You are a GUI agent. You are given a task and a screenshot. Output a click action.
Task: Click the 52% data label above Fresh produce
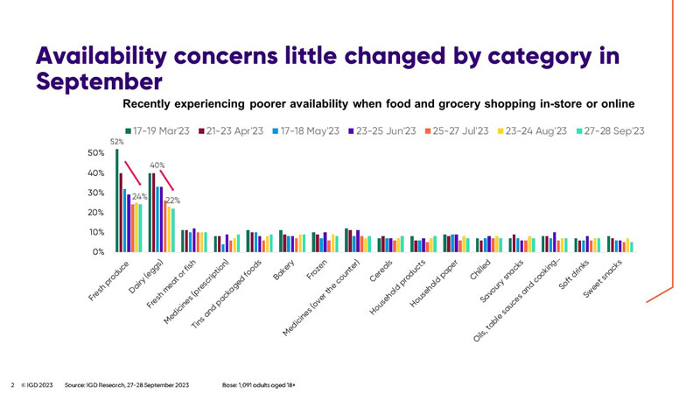pyautogui.click(x=115, y=142)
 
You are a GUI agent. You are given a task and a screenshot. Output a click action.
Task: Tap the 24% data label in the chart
pyautogui.click(x=138, y=197)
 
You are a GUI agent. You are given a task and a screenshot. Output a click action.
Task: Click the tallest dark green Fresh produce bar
pyautogui.click(x=117, y=201)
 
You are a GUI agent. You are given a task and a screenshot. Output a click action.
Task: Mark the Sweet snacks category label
pyautogui.click(x=604, y=278)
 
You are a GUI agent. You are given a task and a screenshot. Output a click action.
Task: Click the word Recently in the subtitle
pyautogui.click(x=151, y=103)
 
